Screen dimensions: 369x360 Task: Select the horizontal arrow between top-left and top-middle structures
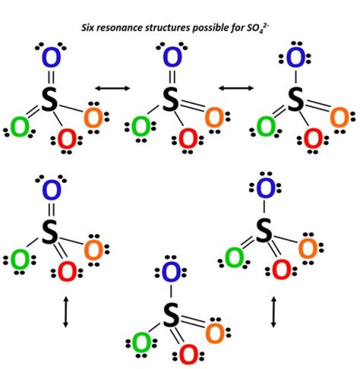pos(112,88)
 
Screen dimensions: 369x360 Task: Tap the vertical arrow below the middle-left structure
pos(65,312)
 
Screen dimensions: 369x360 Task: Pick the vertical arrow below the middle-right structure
pos(273,311)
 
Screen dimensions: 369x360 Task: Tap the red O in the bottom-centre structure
pos(188,353)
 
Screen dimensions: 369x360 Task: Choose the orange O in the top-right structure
pos(339,118)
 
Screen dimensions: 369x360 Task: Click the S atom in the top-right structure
pos(296,100)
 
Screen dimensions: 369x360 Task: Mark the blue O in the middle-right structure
pos(266,189)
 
